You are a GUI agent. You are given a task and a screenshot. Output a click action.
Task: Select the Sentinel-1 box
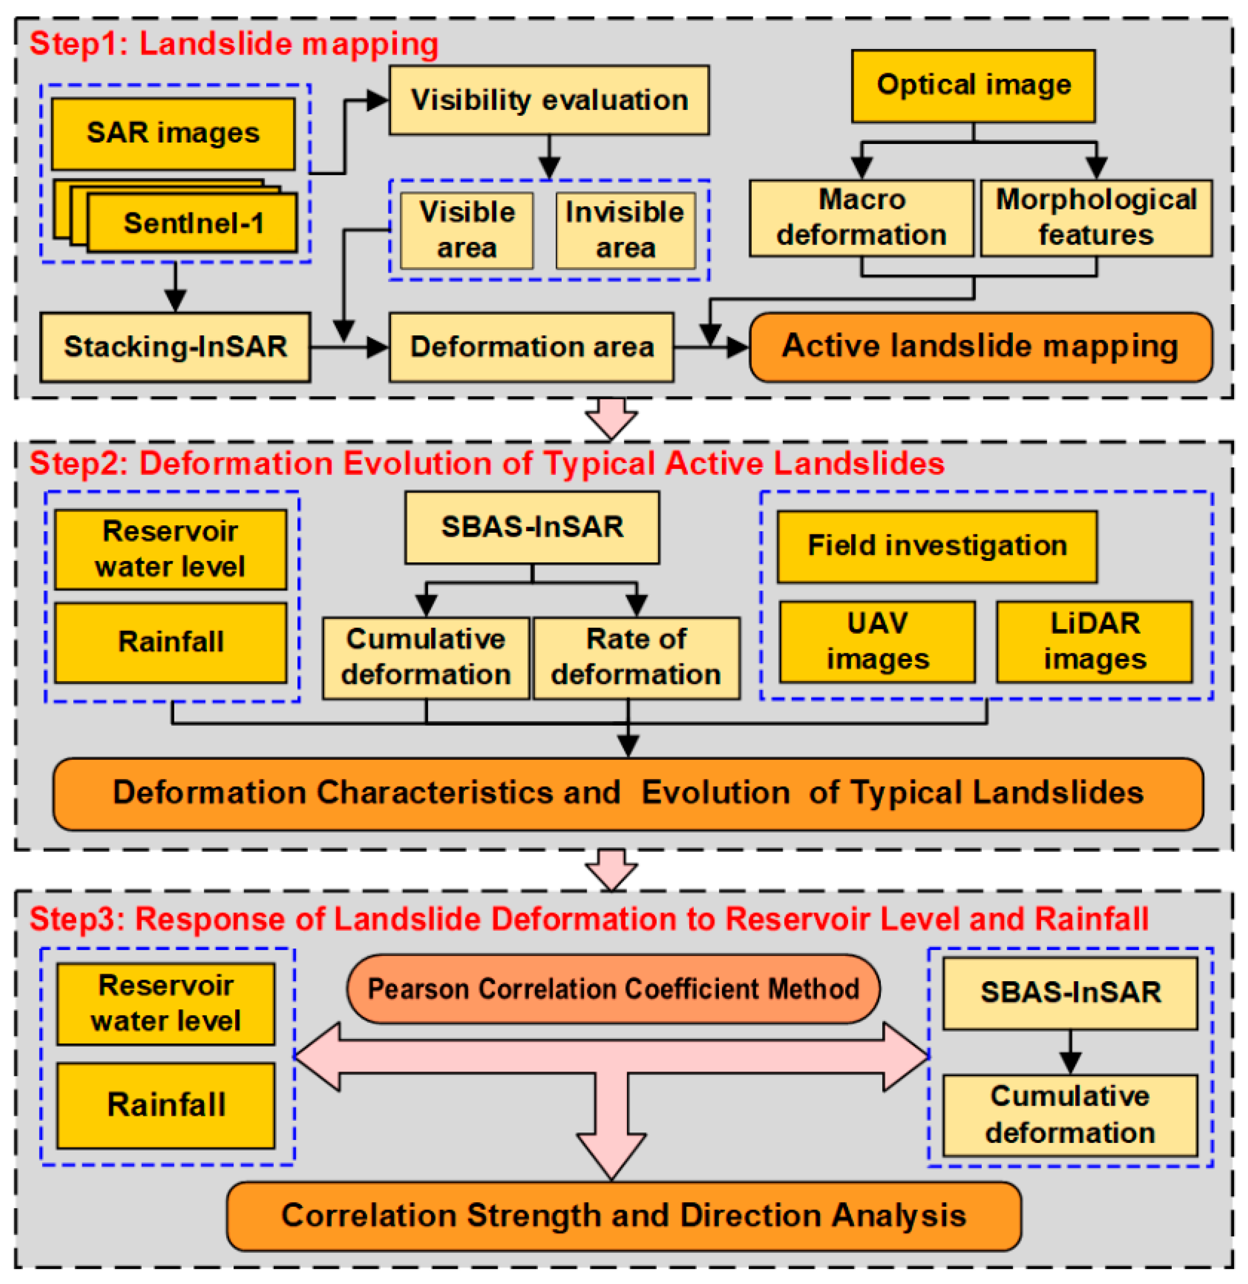193,223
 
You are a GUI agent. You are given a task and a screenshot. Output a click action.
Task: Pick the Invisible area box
625,230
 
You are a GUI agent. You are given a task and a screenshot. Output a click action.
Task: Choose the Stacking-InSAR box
175,347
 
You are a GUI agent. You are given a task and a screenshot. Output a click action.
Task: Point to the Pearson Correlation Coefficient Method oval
613,988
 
